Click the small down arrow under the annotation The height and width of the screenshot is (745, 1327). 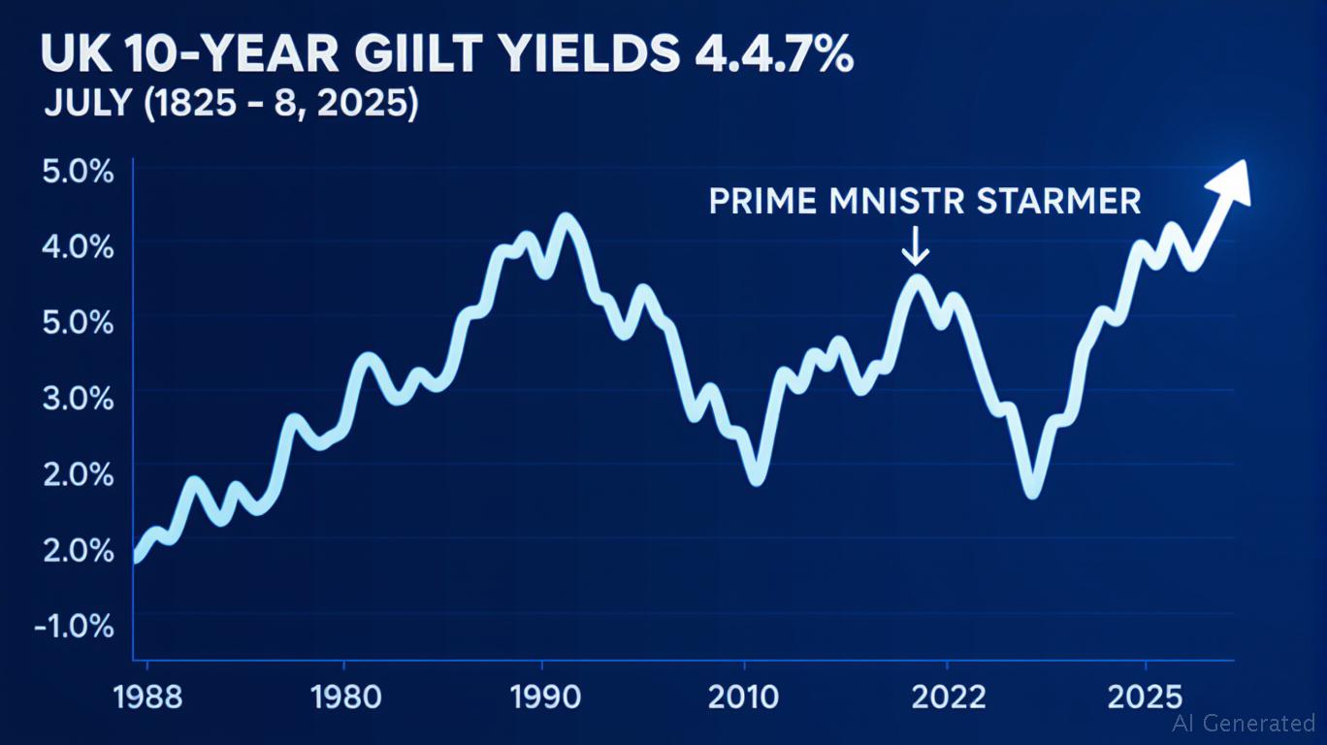[x=915, y=250]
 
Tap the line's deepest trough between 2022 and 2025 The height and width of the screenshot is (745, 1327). [x=1032, y=490]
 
